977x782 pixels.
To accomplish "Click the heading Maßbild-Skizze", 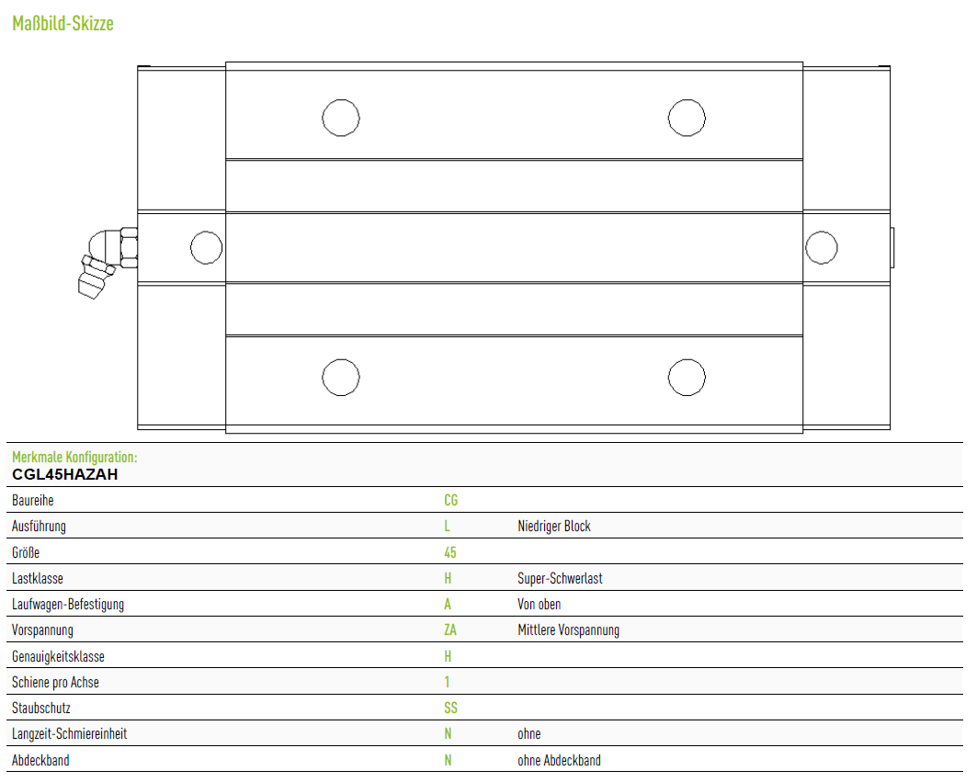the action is click(62, 24).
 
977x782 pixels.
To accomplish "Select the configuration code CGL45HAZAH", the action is click(65, 475).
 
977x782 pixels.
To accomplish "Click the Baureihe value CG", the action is click(450, 501).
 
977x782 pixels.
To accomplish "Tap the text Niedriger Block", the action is click(554, 527).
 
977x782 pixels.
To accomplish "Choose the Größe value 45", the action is click(449, 552).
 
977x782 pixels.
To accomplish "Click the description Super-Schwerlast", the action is click(560, 579).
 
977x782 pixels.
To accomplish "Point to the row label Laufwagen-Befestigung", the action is click(68, 605).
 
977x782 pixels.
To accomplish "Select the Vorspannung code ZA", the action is click(449, 630).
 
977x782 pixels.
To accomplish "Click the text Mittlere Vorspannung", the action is click(568, 630).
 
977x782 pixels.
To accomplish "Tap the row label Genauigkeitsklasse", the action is click(58, 657).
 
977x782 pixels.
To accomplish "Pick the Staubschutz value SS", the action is click(450, 708).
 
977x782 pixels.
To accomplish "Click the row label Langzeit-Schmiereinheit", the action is click(69, 734).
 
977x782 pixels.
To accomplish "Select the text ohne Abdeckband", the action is click(559, 761).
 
